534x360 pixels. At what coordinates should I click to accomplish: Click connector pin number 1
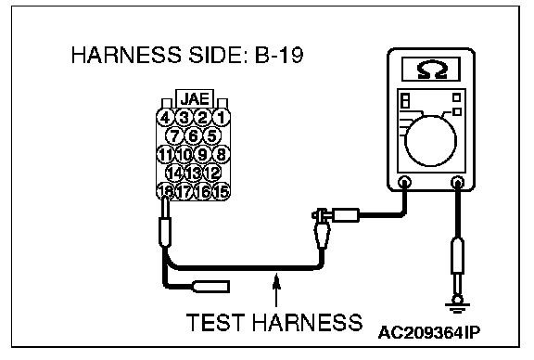pyautogui.click(x=222, y=118)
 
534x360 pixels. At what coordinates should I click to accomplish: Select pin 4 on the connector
pyautogui.click(x=165, y=118)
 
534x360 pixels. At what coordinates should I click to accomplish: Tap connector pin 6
pyautogui.click(x=193, y=136)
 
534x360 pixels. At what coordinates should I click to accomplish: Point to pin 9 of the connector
pyautogui.click(x=202, y=154)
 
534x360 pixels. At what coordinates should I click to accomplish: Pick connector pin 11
pyautogui.click(x=165, y=154)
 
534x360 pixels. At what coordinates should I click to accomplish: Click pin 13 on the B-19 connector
pyautogui.click(x=193, y=173)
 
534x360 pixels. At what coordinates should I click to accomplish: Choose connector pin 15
pyautogui.click(x=222, y=191)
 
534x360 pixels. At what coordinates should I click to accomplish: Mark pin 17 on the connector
pyautogui.click(x=184, y=191)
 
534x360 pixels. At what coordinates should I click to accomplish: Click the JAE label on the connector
pyautogui.click(x=195, y=99)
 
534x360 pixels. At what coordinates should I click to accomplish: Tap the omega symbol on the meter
pyautogui.click(x=431, y=70)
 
